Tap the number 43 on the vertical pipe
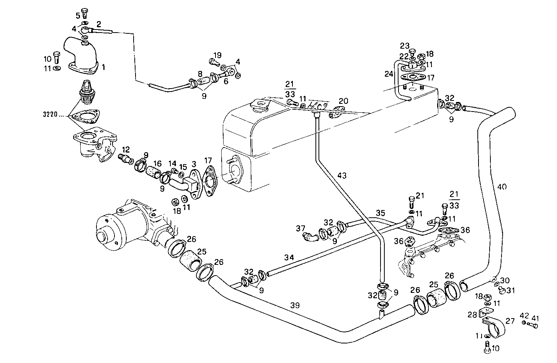[342, 175]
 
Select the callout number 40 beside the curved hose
[502, 187]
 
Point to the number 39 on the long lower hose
[295, 306]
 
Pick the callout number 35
[380, 212]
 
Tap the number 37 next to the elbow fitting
[301, 228]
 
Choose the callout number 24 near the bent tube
[389, 74]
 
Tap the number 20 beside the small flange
[343, 101]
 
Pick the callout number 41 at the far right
[535, 318]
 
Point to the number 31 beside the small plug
[511, 290]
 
